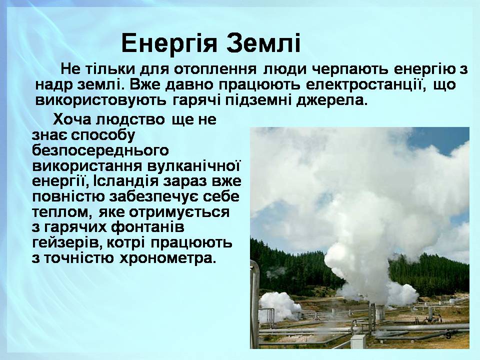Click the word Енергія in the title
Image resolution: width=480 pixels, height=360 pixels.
[x=169, y=43]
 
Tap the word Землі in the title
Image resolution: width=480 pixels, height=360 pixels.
[x=263, y=43]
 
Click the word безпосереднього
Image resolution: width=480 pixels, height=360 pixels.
[x=100, y=151]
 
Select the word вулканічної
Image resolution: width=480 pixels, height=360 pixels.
[x=194, y=166]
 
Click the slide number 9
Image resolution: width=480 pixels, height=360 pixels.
[x=448, y=336]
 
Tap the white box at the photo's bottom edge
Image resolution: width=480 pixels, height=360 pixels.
[x=358, y=341]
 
